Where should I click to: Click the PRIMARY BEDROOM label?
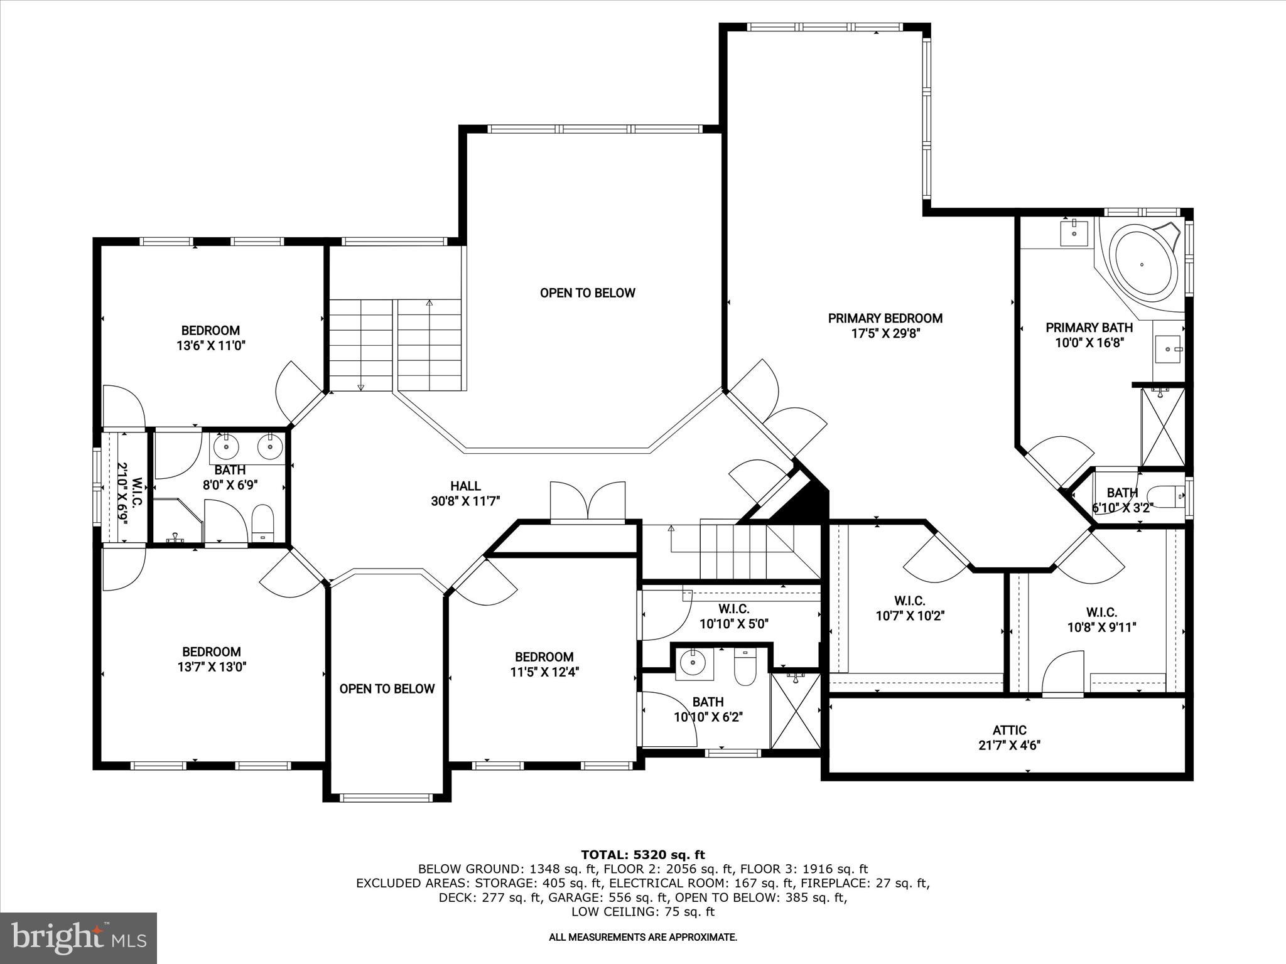pyautogui.click(x=885, y=318)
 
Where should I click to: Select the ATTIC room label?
pyautogui.click(x=1009, y=730)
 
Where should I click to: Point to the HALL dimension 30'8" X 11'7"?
pyautogui.click(x=465, y=501)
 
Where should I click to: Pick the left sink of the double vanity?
pyautogui.click(x=226, y=447)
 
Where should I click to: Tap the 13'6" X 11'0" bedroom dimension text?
pyautogui.click(x=210, y=345)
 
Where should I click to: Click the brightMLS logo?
pyautogui.click(x=78, y=938)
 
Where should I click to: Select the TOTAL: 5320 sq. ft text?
pyautogui.click(x=642, y=854)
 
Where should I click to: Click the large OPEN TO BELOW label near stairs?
pyautogui.click(x=587, y=293)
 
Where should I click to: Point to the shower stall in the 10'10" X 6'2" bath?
pyautogui.click(x=795, y=710)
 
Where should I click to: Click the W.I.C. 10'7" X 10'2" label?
pyautogui.click(x=910, y=609)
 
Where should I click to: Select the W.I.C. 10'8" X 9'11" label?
pyautogui.click(x=1101, y=619)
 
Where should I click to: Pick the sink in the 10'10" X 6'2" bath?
pyautogui.click(x=693, y=661)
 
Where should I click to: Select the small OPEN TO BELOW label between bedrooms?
pyautogui.click(x=387, y=688)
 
